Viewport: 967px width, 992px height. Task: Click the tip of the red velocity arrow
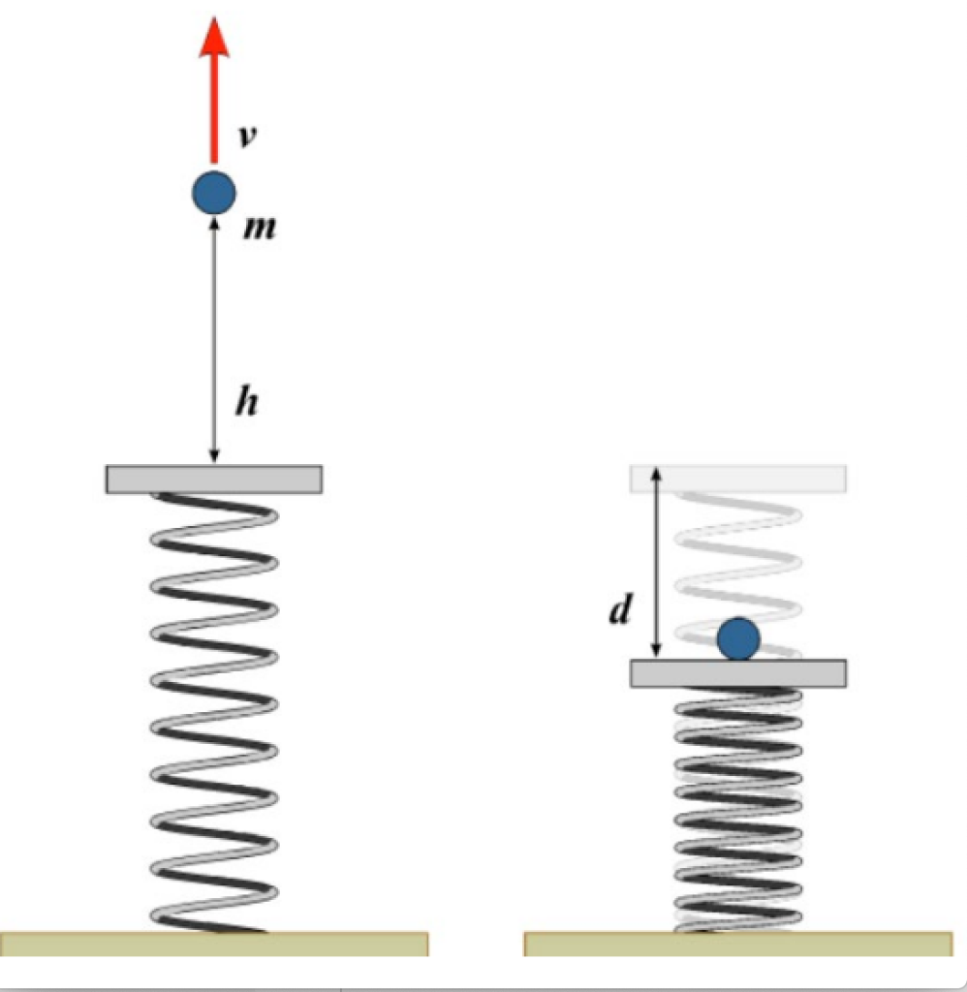pyautogui.click(x=214, y=21)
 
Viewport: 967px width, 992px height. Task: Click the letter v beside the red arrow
pyautogui.click(x=248, y=136)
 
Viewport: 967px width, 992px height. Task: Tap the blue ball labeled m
pyautogui.click(x=214, y=194)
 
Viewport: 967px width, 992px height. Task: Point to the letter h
pyautogui.click(x=249, y=401)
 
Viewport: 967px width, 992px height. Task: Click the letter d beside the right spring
pyautogui.click(x=621, y=611)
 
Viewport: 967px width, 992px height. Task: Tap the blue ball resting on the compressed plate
pyautogui.click(x=738, y=639)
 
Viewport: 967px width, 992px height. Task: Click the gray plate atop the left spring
pyautogui.click(x=214, y=479)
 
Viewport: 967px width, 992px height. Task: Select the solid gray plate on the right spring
pyautogui.click(x=738, y=673)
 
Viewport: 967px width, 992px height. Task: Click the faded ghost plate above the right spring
pyautogui.click(x=738, y=478)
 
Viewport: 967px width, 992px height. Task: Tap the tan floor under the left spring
pyautogui.click(x=214, y=943)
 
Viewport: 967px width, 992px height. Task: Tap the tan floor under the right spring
pyautogui.click(x=738, y=943)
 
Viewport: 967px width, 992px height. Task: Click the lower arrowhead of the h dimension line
pyautogui.click(x=214, y=457)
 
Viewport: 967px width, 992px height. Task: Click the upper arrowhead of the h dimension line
pyautogui.click(x=214, y=222)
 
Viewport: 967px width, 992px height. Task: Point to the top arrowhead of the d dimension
pyautogui.click(x=657, y=473)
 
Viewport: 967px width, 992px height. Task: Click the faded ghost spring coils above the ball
pyautogui.click(x=738, y=562)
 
